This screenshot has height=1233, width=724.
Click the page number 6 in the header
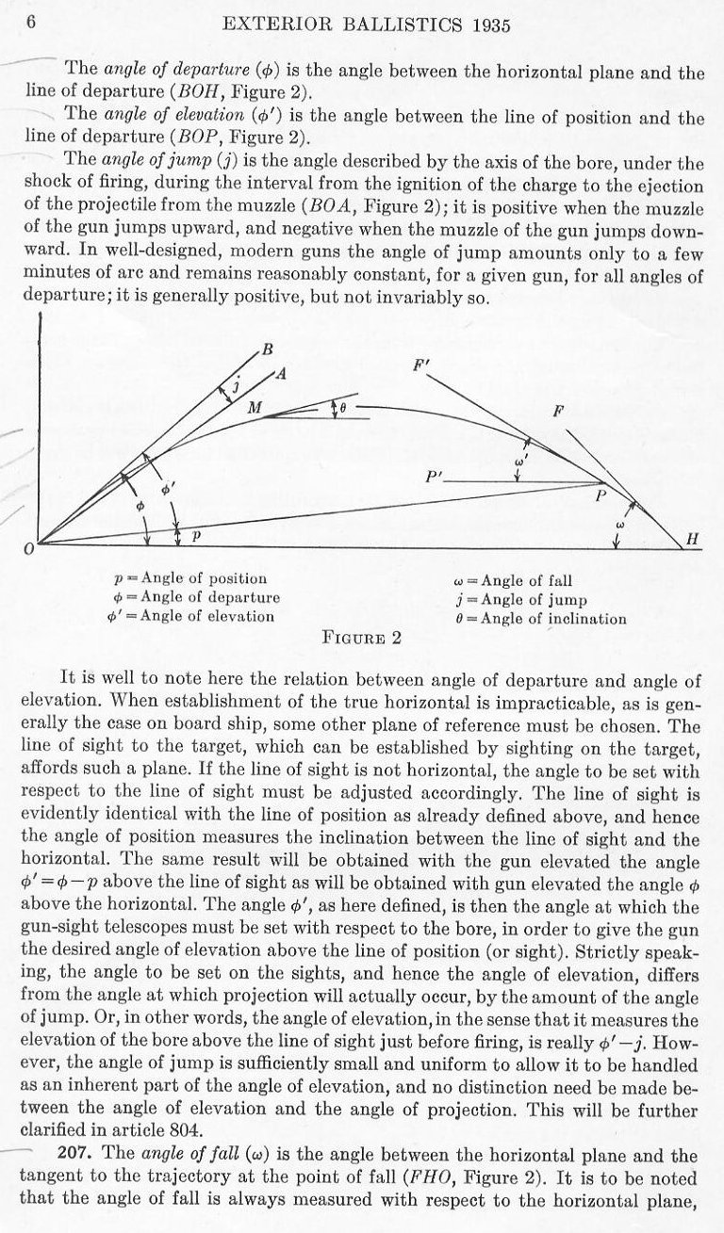point(30,24)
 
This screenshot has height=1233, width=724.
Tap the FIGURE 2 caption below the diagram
point(363,638)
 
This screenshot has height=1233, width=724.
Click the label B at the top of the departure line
point(268,350)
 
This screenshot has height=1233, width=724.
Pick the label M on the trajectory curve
point(254,408)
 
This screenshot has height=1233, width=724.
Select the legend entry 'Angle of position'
point(194,579)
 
